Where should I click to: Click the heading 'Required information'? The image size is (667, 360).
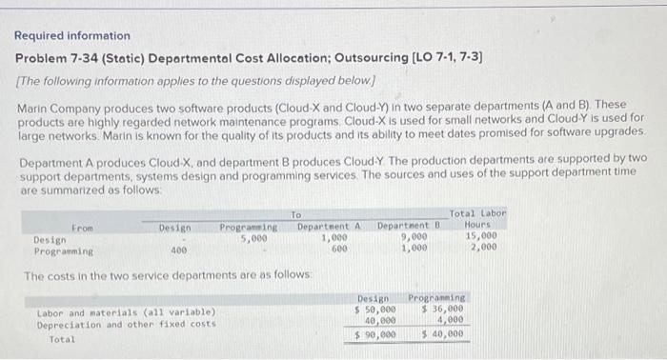[72, 36]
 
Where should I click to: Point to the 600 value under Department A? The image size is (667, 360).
[339, 250]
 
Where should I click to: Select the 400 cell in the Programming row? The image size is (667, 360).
[178, 250]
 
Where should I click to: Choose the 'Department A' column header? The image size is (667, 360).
[329, 227]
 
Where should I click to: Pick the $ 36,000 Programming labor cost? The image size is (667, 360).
[443, 310]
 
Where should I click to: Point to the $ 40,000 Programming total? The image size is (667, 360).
[443, 334]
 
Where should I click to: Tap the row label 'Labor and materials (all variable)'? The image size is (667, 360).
[126, 312]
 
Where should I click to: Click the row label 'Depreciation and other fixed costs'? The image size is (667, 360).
[125, 325]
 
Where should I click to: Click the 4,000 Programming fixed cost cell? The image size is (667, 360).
[451, 321]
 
